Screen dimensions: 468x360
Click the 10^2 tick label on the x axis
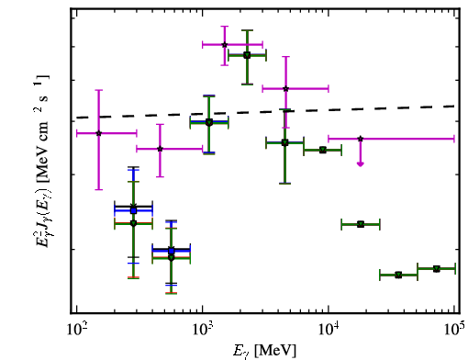[76, 329]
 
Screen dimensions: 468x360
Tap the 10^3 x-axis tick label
[202, 329]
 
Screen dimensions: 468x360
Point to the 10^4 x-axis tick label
[329, 329]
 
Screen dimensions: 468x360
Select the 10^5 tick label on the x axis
[455, 329]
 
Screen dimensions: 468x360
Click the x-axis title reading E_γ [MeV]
[264, 351]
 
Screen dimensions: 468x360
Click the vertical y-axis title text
[41, 161]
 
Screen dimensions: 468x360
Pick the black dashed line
[265, 112]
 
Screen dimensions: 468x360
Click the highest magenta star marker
[225, 45]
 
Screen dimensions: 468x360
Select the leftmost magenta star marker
[98, 133]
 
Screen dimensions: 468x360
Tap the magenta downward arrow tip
[361, 166]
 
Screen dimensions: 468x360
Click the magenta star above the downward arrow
[361, 139]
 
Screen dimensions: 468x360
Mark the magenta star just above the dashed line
[285, 89]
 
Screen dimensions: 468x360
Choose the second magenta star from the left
[160, 149]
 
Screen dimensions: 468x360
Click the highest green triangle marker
[247, 55]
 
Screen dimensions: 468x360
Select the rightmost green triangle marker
[437, 269]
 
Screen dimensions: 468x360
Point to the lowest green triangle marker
[398, 275]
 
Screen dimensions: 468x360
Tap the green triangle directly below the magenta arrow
[361, 224]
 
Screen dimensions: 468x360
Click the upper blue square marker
[133, 210]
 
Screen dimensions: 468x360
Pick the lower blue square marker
[172, 251]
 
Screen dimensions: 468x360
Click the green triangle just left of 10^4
[322, 150]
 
